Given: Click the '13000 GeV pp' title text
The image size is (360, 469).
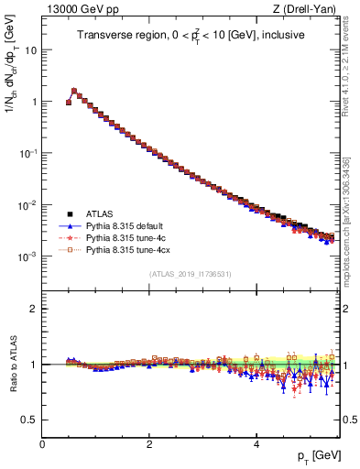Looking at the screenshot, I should [76, 10].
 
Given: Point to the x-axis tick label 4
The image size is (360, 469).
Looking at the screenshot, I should [256, 442].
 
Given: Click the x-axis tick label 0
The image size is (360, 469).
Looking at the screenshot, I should [42, 442].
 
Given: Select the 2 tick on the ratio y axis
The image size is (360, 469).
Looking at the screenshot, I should [33, 309].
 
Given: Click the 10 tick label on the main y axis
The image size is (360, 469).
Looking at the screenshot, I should [30, 49].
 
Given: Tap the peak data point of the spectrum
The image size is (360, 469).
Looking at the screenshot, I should [74, 91].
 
